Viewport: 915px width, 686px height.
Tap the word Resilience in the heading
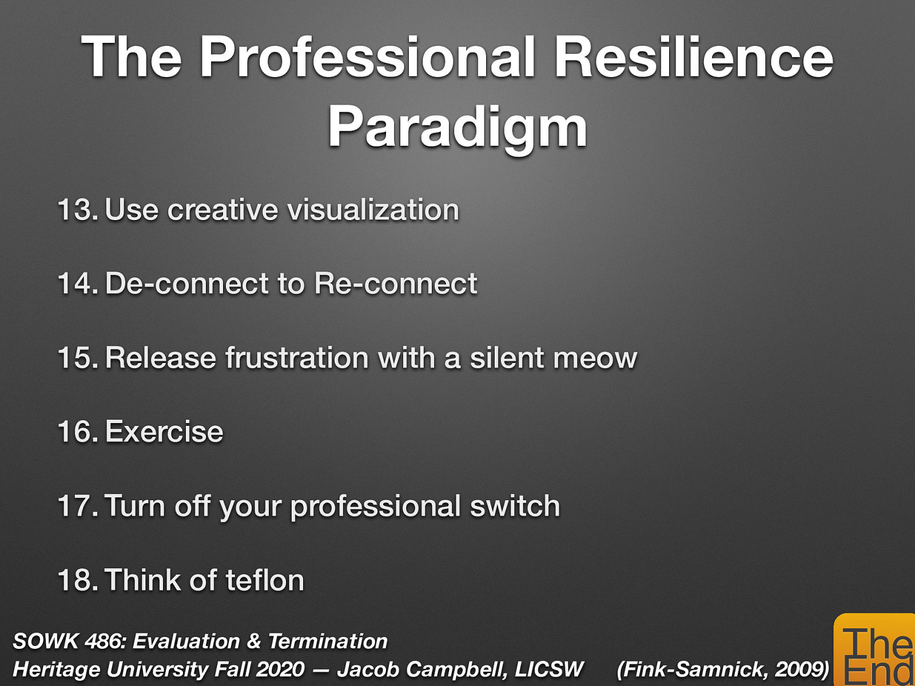[x=694, y=57]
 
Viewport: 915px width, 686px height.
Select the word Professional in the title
[x=368, y=57]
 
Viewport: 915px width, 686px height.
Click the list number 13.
[x=78, y=210]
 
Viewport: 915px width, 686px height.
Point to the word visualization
[x=373, y=210]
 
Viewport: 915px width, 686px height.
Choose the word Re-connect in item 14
[x=395, y=284]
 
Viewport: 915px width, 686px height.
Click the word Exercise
[x=164, y=432]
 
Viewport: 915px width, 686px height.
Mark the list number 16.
[x=78, y=432]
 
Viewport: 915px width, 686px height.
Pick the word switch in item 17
[x=515, y=506]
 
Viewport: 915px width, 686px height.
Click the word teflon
[x=265, y=580]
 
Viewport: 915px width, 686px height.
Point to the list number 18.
[x=78, y=580]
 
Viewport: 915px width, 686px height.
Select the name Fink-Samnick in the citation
[x=693, y=669]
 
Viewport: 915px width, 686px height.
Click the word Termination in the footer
[x=328, y=641]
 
